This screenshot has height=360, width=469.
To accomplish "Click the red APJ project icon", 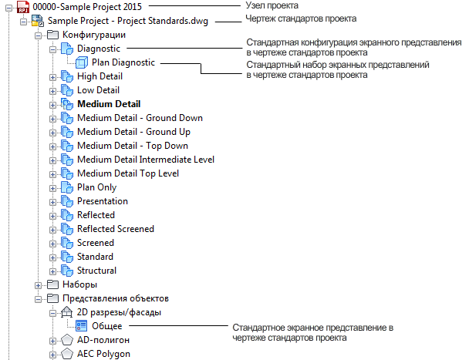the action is point(23,7).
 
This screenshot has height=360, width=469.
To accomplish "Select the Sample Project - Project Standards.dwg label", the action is point(128,21).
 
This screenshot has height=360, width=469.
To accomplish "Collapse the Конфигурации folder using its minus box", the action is point(38,35).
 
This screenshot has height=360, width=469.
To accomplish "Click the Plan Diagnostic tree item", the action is point(123,62).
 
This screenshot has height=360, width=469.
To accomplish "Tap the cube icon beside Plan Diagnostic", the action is point(81,62).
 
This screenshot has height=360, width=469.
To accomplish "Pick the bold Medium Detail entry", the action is point(109,104).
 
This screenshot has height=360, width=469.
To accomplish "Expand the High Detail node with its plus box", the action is point(52,77).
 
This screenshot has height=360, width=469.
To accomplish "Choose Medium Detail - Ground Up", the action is point(133,132).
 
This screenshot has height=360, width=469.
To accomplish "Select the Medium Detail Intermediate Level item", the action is point(146,160).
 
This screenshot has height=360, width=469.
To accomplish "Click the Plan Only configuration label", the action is point(96,187).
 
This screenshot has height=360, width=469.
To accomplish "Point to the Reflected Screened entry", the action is point(116,229).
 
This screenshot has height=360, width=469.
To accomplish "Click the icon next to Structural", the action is point(67,271).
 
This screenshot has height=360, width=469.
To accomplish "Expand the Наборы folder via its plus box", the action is point(38,285).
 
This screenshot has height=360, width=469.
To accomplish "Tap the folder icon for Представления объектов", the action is point(52,298).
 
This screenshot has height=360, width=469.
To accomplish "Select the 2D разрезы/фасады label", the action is point(119,312).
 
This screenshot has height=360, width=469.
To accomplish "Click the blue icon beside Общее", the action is point(81,326).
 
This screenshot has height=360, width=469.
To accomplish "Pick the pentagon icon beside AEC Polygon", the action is point(67,354).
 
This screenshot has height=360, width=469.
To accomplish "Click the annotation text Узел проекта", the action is point(272,5).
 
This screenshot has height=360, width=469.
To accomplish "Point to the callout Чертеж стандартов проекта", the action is point(301,19).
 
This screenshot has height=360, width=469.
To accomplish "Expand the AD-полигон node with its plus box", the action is point(52,341).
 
